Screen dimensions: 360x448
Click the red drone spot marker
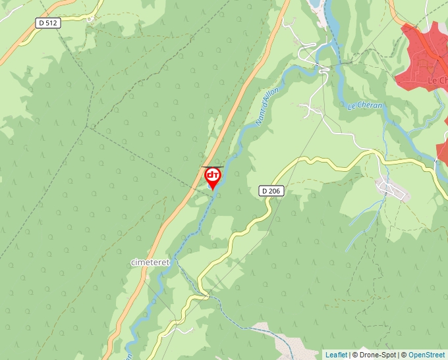click(213, 176)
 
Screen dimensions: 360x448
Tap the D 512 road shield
click(48, 23)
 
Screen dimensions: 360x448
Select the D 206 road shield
click(270, 191)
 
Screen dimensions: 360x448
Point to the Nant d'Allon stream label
click(267, 106)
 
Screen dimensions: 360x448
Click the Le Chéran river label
click(364, 105)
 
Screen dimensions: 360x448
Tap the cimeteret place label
click(150, 262)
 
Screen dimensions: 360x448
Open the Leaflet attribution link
click(336, 355)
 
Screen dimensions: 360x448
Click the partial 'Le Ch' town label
click(437, 80)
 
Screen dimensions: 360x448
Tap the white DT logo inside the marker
click(213, 175)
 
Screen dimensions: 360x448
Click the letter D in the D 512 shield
click(42, 23)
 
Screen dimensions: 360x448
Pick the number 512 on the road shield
click(52, 23)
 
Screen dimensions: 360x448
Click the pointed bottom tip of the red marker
click(213, 190)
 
